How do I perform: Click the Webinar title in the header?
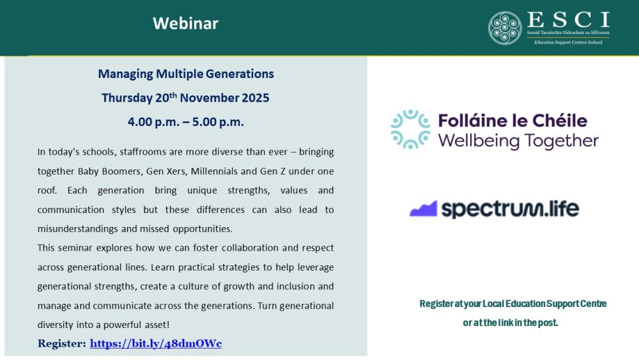pos(185,24)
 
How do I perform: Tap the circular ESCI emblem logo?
pos(505,28)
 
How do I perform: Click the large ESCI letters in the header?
pos(568,20)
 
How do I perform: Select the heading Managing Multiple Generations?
pos(186,74)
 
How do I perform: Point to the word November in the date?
pos(210,98)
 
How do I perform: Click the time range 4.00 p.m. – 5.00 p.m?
pos(186,121)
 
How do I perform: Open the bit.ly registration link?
pos(155,343)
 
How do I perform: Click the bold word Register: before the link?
pos(62,343)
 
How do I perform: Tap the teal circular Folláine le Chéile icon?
pos(410,129)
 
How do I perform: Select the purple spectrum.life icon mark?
pos(423,209)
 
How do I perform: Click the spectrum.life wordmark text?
pos(510,208)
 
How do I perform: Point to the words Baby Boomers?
pos(102,171)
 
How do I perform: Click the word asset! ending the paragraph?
pos(155,324)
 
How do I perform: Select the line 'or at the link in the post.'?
pos(511,323)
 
